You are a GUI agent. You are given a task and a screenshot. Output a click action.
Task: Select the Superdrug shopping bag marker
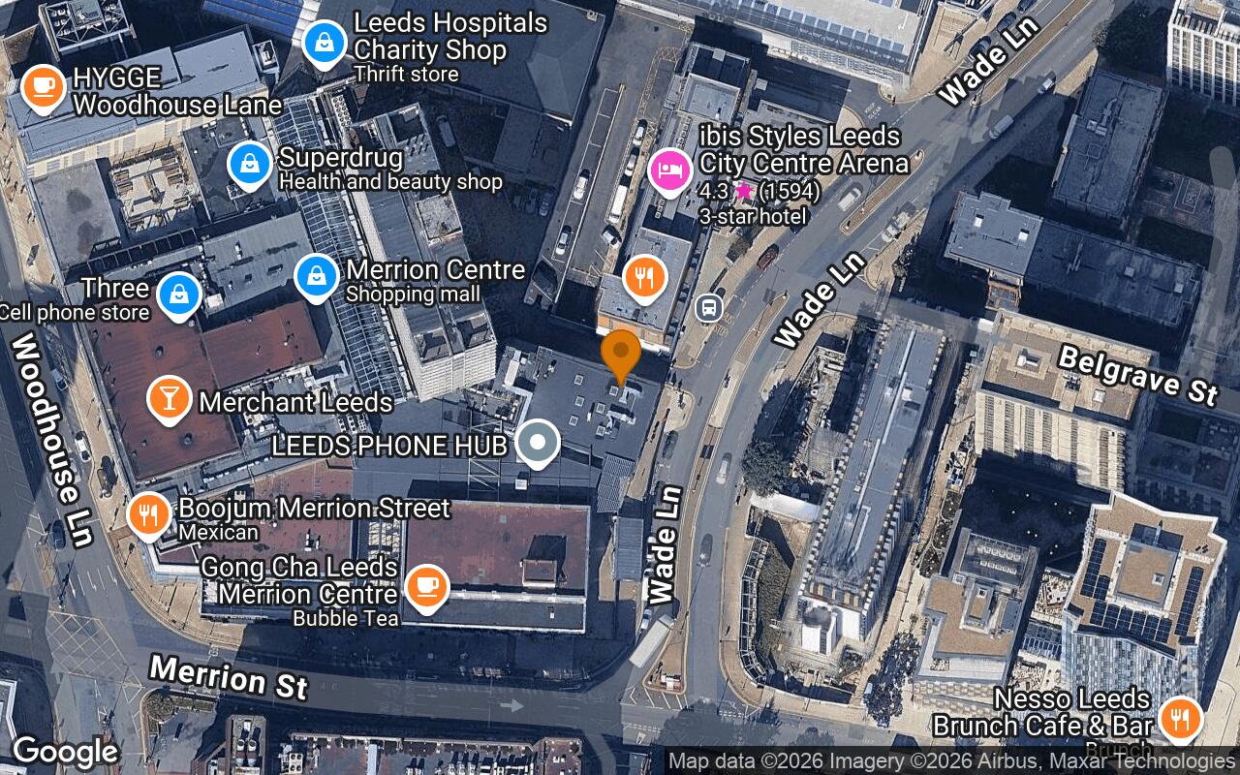click(x=250, y=164)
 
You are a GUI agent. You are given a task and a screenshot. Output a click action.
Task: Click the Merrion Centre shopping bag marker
click(x=316, y=276)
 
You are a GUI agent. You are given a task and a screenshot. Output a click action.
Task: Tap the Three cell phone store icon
click(x=178, y=294)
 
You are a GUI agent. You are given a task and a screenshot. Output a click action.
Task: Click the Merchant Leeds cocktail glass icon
click(x=169, y=397)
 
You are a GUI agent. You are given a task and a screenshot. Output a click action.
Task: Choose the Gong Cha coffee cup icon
click(x=424, y=585)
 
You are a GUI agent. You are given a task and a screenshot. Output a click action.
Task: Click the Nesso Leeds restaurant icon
click(x=1180, y=718)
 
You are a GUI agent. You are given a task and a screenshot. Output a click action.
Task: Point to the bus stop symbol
click(x=709, y=308)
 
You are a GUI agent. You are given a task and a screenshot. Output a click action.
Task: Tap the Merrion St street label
click(x=229, y=676)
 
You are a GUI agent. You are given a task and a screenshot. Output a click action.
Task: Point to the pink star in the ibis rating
click(x=743, y=191)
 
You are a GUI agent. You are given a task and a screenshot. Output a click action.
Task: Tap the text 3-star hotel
click(x=753, y=216)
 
